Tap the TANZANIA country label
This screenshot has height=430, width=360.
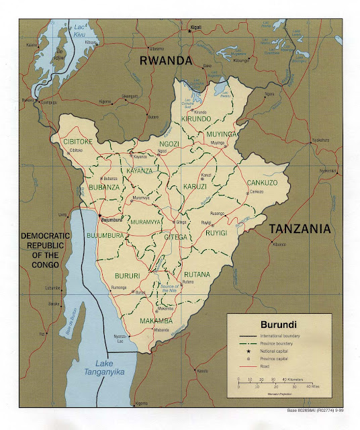300,229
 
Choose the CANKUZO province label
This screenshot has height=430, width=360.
263,182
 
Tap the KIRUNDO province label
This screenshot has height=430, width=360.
197,118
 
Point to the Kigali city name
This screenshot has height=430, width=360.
195,30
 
